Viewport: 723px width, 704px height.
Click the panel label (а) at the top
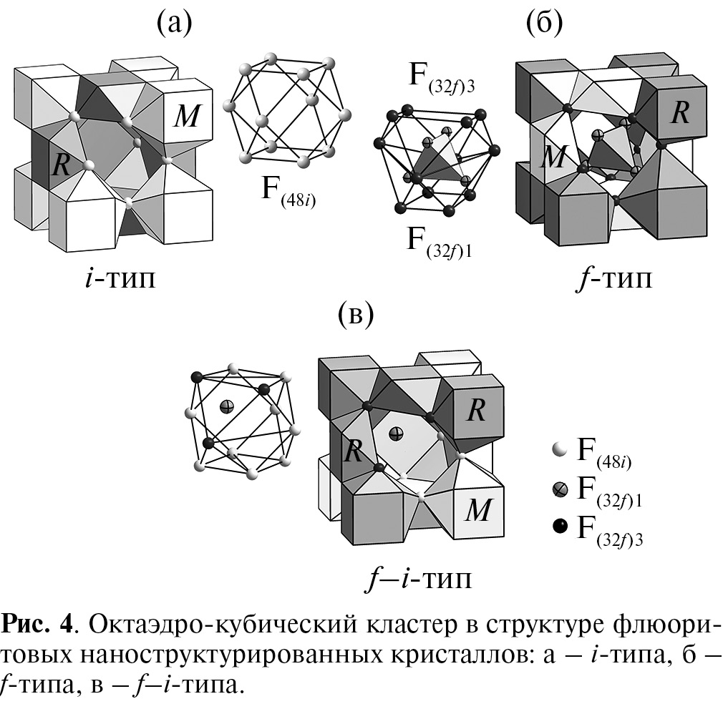click(x=175, y=24)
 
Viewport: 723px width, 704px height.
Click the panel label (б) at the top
click(x=544, y=24)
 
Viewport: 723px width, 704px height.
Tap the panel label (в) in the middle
click(x=354, y=315)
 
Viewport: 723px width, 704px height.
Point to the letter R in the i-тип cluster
click(x=61, y=166)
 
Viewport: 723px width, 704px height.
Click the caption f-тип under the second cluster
click(x=613, y=278)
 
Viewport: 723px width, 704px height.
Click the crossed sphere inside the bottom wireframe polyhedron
click(x=227, y=406)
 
